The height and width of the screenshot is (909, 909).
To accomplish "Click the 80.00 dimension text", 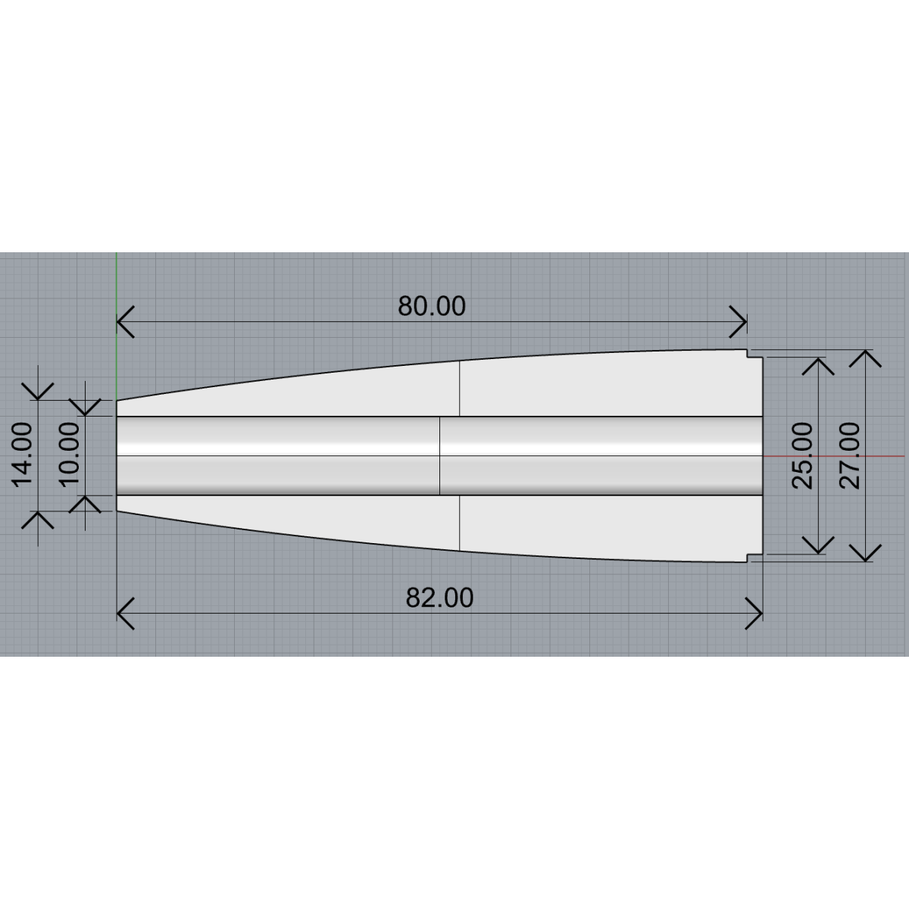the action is coord(432,306).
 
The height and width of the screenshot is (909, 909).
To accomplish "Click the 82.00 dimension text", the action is coord(439,598).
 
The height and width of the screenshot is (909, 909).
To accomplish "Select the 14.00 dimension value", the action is coord(22,454).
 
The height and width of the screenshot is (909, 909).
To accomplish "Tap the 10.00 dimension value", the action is coord(69,454).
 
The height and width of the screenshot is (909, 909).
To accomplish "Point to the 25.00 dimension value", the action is coord(802,456).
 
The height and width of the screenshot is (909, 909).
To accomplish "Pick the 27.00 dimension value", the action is coord(850,456).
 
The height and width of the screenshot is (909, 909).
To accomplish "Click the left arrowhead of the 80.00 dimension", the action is coord(126,322).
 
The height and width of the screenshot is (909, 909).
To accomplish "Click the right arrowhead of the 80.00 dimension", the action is coord(738,322).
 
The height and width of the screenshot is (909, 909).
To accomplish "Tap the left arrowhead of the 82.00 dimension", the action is coord(126,614).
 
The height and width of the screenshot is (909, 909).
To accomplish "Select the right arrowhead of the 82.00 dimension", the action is coord(754,614).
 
